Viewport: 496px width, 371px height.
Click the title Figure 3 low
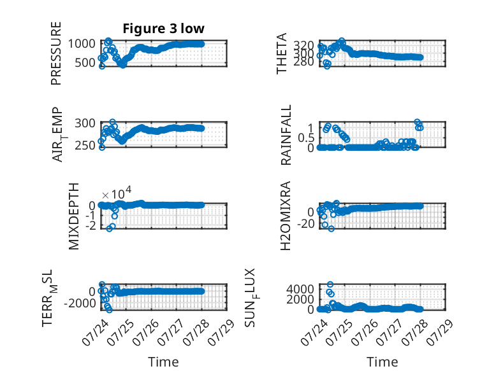164,29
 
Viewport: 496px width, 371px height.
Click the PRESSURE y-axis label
55,53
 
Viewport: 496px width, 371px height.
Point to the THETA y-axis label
281,53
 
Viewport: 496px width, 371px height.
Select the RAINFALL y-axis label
286,135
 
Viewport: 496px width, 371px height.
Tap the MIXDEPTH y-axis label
73,216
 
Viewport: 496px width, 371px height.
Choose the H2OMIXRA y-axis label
286,216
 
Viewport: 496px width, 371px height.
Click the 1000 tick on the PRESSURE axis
82,43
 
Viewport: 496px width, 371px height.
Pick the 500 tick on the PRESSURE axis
85,62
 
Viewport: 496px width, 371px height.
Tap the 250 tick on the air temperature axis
85,145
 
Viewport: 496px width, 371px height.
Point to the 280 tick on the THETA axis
303,62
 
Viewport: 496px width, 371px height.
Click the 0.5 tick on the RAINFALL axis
306,138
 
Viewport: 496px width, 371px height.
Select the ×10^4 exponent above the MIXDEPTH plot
117,193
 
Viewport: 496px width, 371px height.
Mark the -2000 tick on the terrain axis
80,304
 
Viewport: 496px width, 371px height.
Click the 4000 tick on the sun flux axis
300,289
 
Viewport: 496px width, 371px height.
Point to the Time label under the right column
382,362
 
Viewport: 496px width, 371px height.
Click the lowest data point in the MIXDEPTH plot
110,228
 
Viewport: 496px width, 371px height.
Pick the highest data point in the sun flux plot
330,284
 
